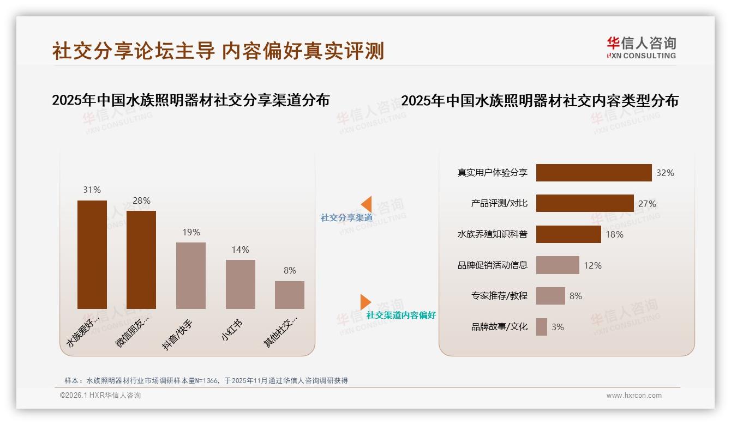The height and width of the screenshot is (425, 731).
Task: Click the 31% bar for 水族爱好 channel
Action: (x=92, y=254)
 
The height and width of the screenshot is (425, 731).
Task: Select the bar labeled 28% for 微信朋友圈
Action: (x=141, y=260)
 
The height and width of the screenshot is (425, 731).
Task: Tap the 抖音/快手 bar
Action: (x=191, y=276)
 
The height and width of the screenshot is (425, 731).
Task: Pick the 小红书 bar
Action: (x=241, y=284)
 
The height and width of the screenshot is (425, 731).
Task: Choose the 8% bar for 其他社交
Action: (x=290, y=295)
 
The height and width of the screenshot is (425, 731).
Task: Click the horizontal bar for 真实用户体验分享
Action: (x=594, y=173)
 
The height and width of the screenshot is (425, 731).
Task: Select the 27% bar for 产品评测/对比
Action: (x=585, y=204)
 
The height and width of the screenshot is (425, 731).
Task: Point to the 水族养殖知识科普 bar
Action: (x=568, y=234)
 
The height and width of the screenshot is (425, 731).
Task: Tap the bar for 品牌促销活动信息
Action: (x=558, y=265)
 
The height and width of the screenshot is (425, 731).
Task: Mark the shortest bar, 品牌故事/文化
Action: (x=542, y=327)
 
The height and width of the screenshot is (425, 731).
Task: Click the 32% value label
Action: (x=665, y=173)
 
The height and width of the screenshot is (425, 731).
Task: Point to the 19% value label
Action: (x=191, y=232)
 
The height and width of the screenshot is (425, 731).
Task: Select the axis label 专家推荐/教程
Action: (x=499, y=296)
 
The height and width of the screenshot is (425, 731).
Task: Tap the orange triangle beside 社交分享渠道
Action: (x=366, y=204)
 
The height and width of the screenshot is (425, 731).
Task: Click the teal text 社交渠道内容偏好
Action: (x=401, y=315)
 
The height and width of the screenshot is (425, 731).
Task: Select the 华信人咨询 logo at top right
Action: (x=641, y=48)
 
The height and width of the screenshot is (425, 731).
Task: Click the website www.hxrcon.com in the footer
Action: (x=634, y=396)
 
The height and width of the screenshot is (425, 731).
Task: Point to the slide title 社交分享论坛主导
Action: (x=134, y=51)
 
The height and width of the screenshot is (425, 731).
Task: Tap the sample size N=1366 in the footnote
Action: (x=205, y=381)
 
